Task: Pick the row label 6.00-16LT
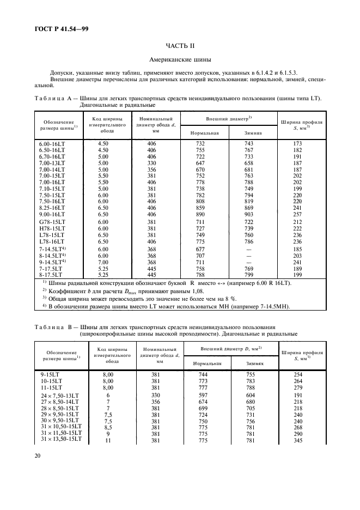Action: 51,143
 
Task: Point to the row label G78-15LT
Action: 52,222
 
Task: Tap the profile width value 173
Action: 298,143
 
